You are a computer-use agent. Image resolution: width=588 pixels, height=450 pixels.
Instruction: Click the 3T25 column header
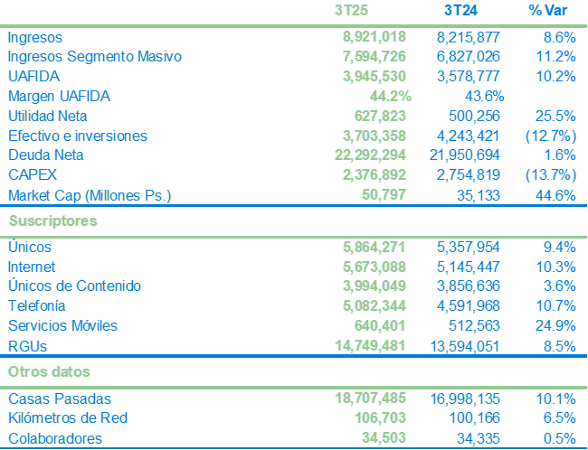[x=351, y=11]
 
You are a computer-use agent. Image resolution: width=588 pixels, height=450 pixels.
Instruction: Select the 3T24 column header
[x=462, y=11]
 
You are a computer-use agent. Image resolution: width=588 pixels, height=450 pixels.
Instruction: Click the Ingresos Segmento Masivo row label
[x=94, y=57]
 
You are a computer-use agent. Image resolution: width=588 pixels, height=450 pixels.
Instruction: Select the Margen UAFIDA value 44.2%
[x=391, y=97]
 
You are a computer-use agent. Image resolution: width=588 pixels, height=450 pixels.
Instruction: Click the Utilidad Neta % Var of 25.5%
[x=555, y=117]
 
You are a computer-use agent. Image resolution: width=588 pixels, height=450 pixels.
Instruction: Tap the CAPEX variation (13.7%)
[x=550, y=175]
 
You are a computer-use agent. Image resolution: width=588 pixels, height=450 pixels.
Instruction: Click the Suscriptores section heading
[x=52, y=220]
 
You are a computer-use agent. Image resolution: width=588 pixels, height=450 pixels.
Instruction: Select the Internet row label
[x=31, y=267]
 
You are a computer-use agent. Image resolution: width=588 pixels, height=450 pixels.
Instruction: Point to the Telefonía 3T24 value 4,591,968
[x=468, y=306]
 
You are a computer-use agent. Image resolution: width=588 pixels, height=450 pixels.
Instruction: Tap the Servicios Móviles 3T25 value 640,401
[x=382, y=326]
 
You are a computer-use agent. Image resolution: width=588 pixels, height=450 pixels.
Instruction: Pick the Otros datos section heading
[x=49, y=371]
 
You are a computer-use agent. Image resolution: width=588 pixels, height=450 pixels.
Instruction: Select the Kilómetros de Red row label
[x=67, y=418]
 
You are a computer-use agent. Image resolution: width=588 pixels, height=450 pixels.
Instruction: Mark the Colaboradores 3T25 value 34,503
[x=385, y=439]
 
